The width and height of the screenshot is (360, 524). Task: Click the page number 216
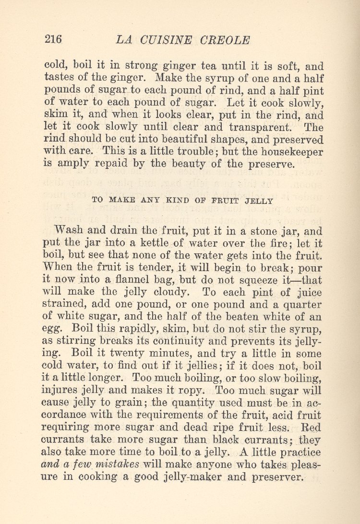(x=53, y=40)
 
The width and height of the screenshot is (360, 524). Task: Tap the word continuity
(x=179, y=342)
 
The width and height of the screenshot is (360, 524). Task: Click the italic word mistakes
(x=117, y=464)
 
